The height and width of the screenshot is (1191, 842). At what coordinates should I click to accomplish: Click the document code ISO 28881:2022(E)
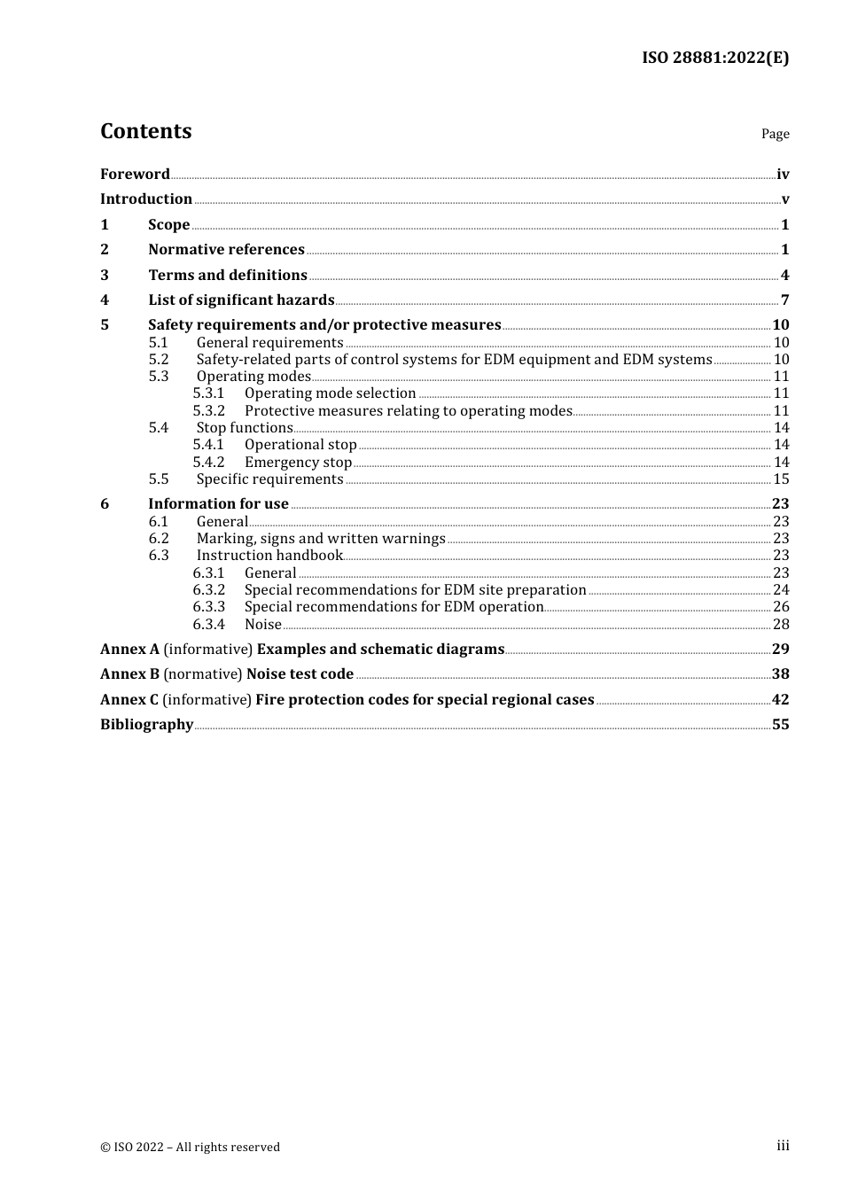(x=714, y=58)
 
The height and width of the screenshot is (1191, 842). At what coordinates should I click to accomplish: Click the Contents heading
(x=145, y=131)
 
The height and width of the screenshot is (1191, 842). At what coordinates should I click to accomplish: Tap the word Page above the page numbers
(x=775, y=134)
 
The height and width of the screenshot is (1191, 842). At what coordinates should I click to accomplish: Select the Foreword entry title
(x=135, y=175)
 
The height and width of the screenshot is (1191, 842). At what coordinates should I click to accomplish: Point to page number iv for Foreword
(x=783, y=175)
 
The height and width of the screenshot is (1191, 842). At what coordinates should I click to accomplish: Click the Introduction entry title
(x=146, y=199)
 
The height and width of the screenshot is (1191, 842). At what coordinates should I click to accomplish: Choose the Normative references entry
(x=226, y=250)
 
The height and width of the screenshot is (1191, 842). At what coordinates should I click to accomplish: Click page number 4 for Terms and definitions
(x=784, y=275)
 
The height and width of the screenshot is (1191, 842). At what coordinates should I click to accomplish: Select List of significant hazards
(x=241, y=300)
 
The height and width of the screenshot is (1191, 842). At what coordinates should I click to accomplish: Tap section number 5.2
(x=159, y=360)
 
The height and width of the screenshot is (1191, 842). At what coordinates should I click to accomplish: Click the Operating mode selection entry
(x=330, y=393)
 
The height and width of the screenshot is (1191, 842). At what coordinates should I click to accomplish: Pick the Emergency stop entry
(x=298, y=463)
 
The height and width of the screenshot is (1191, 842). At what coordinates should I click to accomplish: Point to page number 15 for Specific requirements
(x=781, y=479)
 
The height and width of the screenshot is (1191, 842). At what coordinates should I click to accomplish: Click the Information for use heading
(x=218, y=504)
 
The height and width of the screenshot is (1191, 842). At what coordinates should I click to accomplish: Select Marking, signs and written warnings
(x=321, y=539)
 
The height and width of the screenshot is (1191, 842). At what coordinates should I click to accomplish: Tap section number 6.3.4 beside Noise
(x=209, y=625)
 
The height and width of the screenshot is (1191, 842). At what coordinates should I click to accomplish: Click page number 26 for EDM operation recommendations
(x=781, y=607)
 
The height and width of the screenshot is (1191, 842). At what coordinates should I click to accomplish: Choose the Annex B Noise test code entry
(x=227, y=674)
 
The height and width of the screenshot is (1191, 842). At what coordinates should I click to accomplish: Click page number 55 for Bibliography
(x=780, y=725)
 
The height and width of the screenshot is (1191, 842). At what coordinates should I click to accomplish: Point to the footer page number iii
(x=783, y=1146)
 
